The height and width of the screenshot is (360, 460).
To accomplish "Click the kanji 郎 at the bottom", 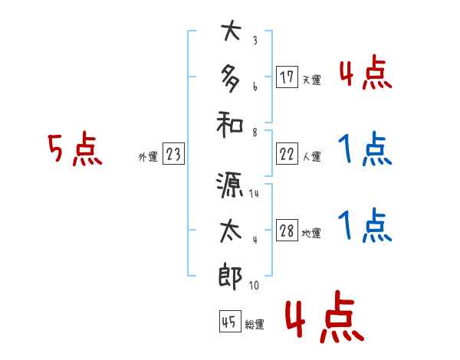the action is click(x=231, y=273).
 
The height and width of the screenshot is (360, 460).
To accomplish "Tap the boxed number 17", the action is click(x=287, y=77).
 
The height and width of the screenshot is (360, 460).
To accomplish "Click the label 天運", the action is click(x=311, y=80).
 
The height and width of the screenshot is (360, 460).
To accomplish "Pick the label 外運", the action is click(x=147, y=157).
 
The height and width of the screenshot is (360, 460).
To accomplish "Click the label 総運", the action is click(x=255, y=324).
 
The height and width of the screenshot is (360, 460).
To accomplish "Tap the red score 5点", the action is click(x=74, y=150).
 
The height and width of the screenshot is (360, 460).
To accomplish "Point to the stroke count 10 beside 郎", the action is click(x=254, y=286).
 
